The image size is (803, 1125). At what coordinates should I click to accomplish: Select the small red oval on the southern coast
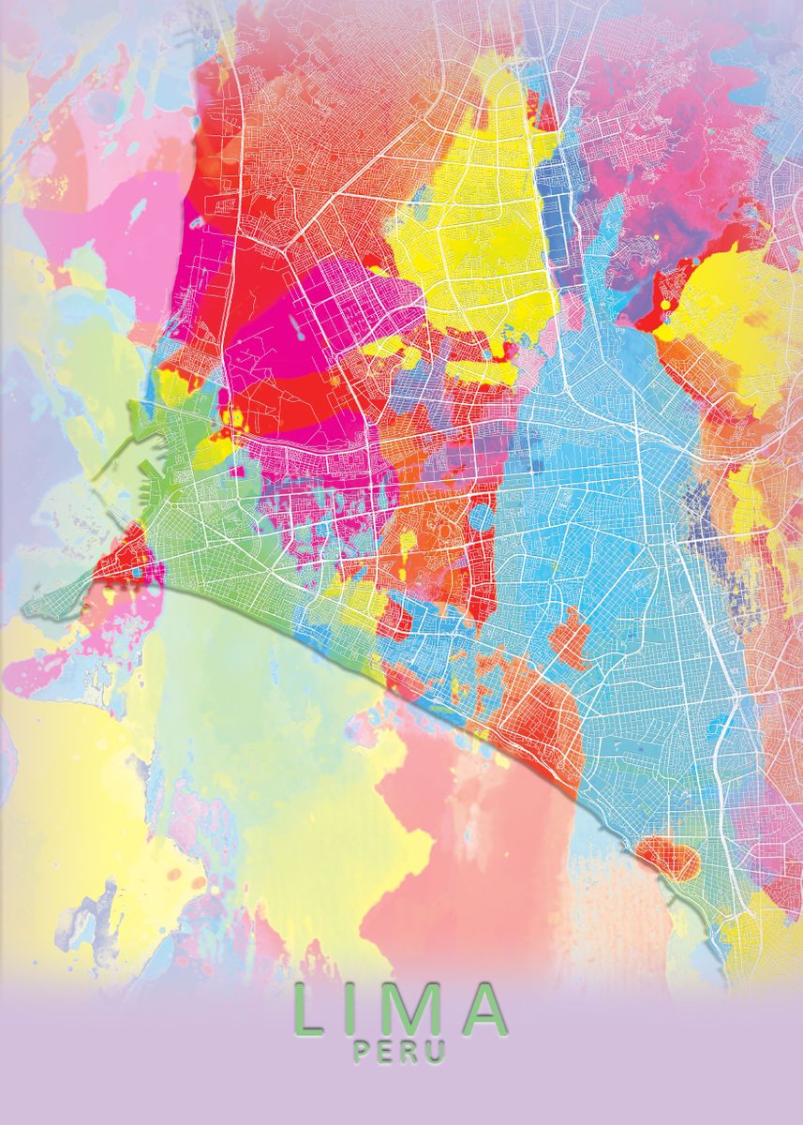(x=667, y=855)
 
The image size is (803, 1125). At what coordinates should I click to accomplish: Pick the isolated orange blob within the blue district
(x=570, y=637)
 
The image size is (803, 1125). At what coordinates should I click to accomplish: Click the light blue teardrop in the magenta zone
(x=297, y=327)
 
